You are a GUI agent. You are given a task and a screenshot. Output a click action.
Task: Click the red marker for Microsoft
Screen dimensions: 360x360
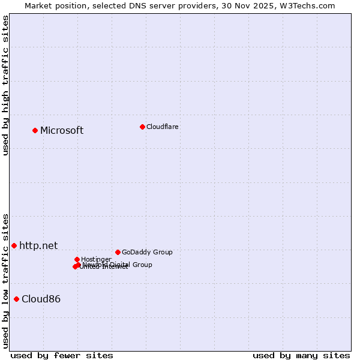click(35, 130)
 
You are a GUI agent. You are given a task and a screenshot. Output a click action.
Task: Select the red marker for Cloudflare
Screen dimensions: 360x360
click(142, 127)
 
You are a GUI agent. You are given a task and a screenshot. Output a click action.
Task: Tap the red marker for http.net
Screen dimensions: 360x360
click(14, 245)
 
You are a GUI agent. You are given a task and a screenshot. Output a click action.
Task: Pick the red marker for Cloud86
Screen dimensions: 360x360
click(16, 299)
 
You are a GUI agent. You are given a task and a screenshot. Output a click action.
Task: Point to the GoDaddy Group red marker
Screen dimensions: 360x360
click(118, 252)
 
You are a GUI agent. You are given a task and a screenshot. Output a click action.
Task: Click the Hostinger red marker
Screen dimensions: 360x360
click(77, 259)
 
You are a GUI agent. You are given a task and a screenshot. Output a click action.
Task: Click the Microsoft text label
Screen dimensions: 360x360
click(62, 131)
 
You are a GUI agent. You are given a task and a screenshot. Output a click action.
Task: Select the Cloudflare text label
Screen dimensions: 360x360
click(163, 127)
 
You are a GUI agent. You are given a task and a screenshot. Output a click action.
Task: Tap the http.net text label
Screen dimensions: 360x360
click(38, 245)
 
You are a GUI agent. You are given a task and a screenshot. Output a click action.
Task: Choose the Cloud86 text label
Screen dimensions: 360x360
click(41, 299)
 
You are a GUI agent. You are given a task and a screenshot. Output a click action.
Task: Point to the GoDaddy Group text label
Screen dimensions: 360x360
click(147, 252)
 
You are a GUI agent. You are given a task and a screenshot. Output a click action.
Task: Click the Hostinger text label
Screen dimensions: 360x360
click(97, 259)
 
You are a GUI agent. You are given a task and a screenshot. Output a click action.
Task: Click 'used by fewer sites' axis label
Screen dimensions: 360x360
click(62, 355)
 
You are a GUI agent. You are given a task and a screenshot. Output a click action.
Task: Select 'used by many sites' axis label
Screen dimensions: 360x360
click(301, 355)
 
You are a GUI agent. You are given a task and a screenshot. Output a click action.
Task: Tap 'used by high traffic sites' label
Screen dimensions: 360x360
click(5, 86)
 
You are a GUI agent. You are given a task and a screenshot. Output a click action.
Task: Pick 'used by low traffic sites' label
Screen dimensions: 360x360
click(5, 280)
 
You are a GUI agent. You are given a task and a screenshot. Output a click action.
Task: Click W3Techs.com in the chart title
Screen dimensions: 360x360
click(310, 5)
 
